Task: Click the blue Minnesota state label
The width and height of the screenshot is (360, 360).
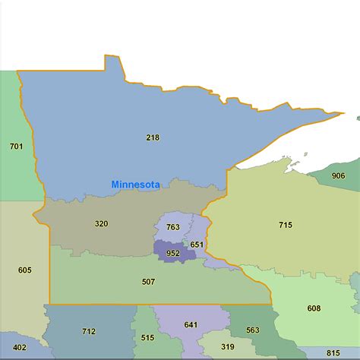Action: [x=135, y=185]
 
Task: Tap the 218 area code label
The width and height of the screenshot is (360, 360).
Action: [x=154, y=137]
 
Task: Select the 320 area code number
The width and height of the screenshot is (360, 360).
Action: [x=102, y=223]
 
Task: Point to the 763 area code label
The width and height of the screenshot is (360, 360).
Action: [x=173, y=227]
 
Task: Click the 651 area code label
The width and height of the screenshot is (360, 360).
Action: [x=197, y=244]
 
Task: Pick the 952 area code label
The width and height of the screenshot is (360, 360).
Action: [x=173, y=253]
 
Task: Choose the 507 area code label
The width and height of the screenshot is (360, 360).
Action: [x=148, y=282]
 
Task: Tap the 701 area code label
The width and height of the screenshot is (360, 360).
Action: [x=16, y=145]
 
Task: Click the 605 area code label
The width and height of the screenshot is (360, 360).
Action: [x=24, y=270]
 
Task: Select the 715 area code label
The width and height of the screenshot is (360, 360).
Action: [x=286, y=225]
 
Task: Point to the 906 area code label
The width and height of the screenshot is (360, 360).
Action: [x=338, y=176]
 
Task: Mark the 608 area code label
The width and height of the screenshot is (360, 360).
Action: [x=314, y=308]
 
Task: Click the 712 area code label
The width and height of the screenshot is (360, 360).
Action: [x=89, y=331]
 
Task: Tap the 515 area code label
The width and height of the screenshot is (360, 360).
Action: [x=147, y=337]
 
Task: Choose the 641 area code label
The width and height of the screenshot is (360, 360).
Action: [x=191, y=324]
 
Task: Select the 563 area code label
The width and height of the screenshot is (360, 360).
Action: [x=252, y=330]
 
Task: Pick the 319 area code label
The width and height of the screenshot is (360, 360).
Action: [x=228, y=346]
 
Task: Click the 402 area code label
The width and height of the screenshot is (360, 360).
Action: [x=19, y=347]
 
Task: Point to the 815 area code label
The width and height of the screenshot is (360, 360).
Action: [x=333, y=352]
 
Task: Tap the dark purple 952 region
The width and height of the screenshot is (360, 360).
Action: [x=163, y=248]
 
